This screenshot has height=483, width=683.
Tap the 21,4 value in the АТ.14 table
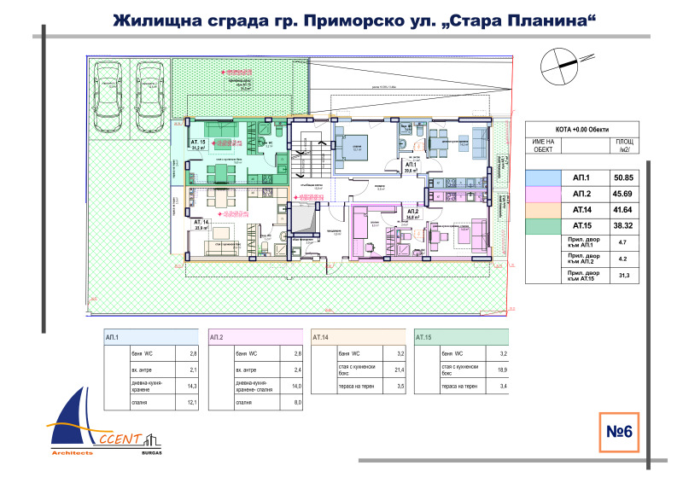tap(399, 370)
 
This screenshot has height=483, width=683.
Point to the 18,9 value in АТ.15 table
tap(501, 370)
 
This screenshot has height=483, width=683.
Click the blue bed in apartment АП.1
tap(349, 141)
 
